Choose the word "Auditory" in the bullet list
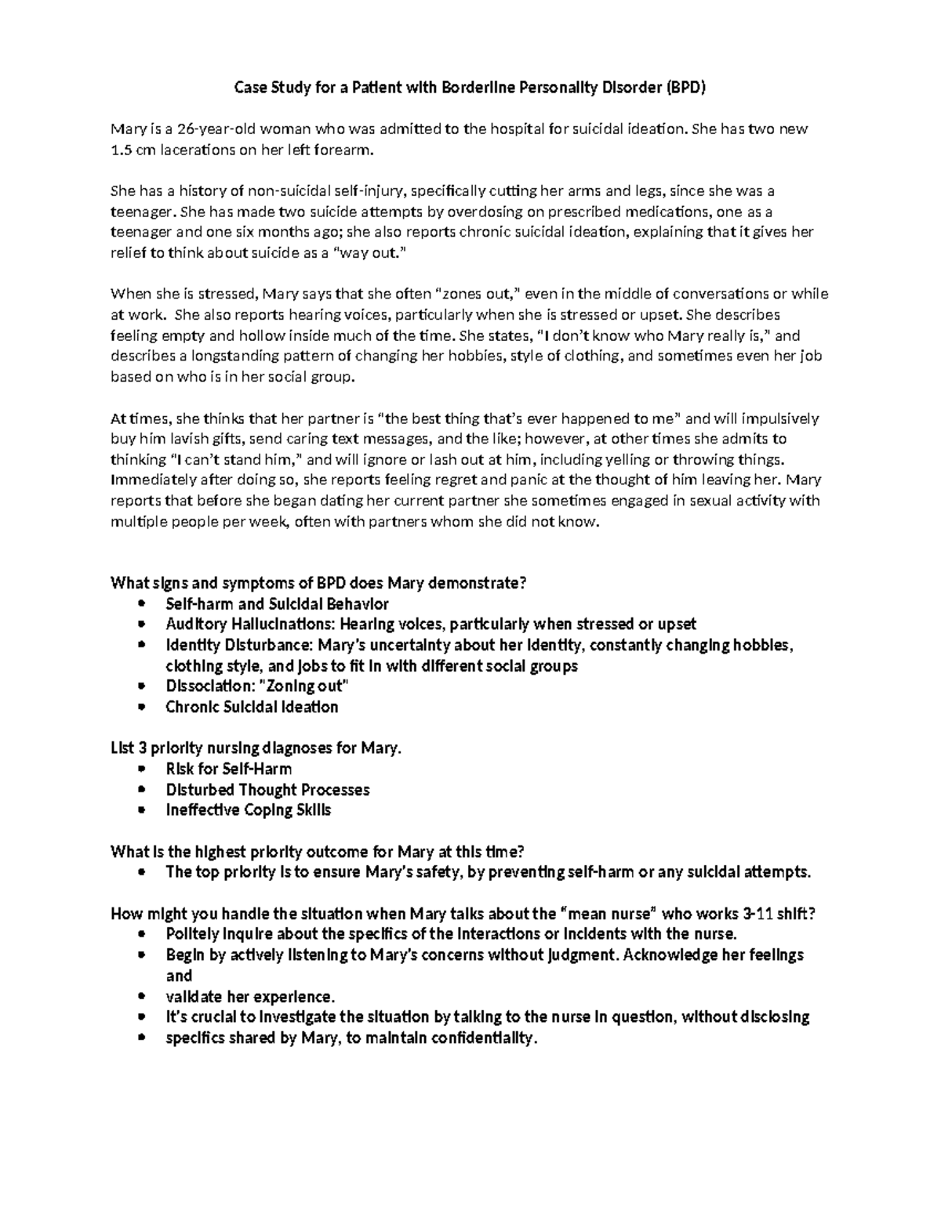(195, 625)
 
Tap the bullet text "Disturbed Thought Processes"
(267, 790)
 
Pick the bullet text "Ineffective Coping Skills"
(248, 810)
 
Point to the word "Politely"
(192, 934)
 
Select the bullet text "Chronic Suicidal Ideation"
(252, 708)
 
